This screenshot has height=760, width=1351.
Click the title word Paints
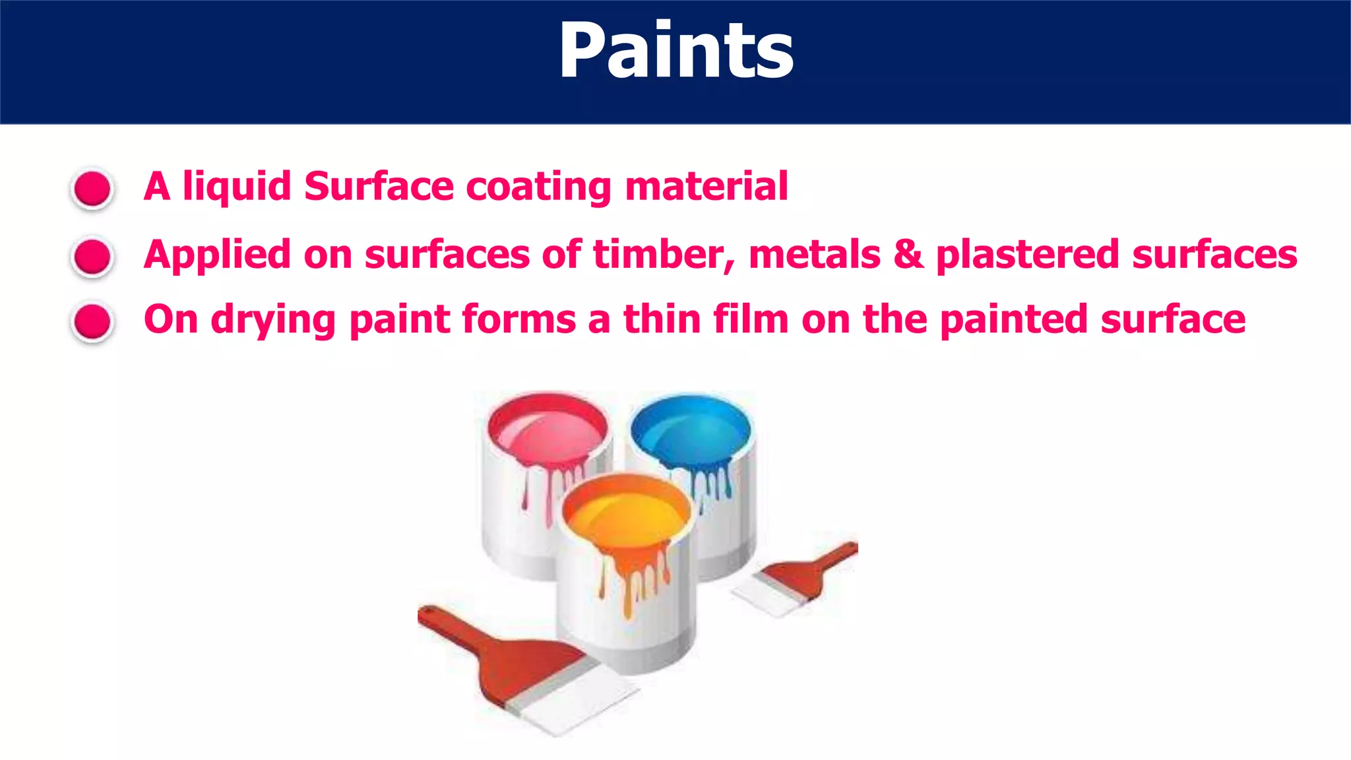tap(676, 51)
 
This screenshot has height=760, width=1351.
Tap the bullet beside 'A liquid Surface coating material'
tap(92, 189)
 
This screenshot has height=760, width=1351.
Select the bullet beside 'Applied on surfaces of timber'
tap(92, 256)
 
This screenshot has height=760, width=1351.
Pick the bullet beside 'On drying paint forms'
tap(92, 322)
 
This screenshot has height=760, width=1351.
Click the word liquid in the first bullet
tap(237, 187)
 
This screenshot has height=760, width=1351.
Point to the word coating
tap(539, 187)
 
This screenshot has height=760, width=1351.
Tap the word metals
tap(815, 255)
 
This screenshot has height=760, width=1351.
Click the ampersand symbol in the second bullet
tap(908, 255)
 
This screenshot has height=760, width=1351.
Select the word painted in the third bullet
tap(1014, 321)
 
